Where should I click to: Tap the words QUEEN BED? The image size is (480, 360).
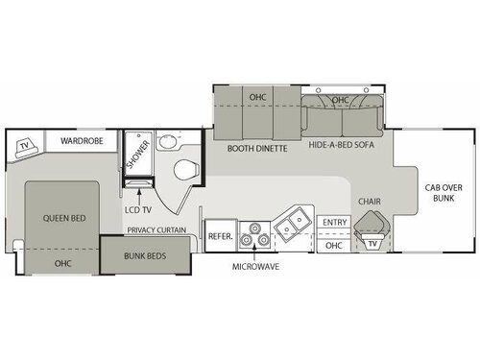click(x=64, y=218)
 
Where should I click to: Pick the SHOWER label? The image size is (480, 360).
click(x=132, y=157)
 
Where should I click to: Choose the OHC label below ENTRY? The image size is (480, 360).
click(x=335, y=245)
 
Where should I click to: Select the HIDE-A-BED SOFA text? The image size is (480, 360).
click(x=342, y=148)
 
